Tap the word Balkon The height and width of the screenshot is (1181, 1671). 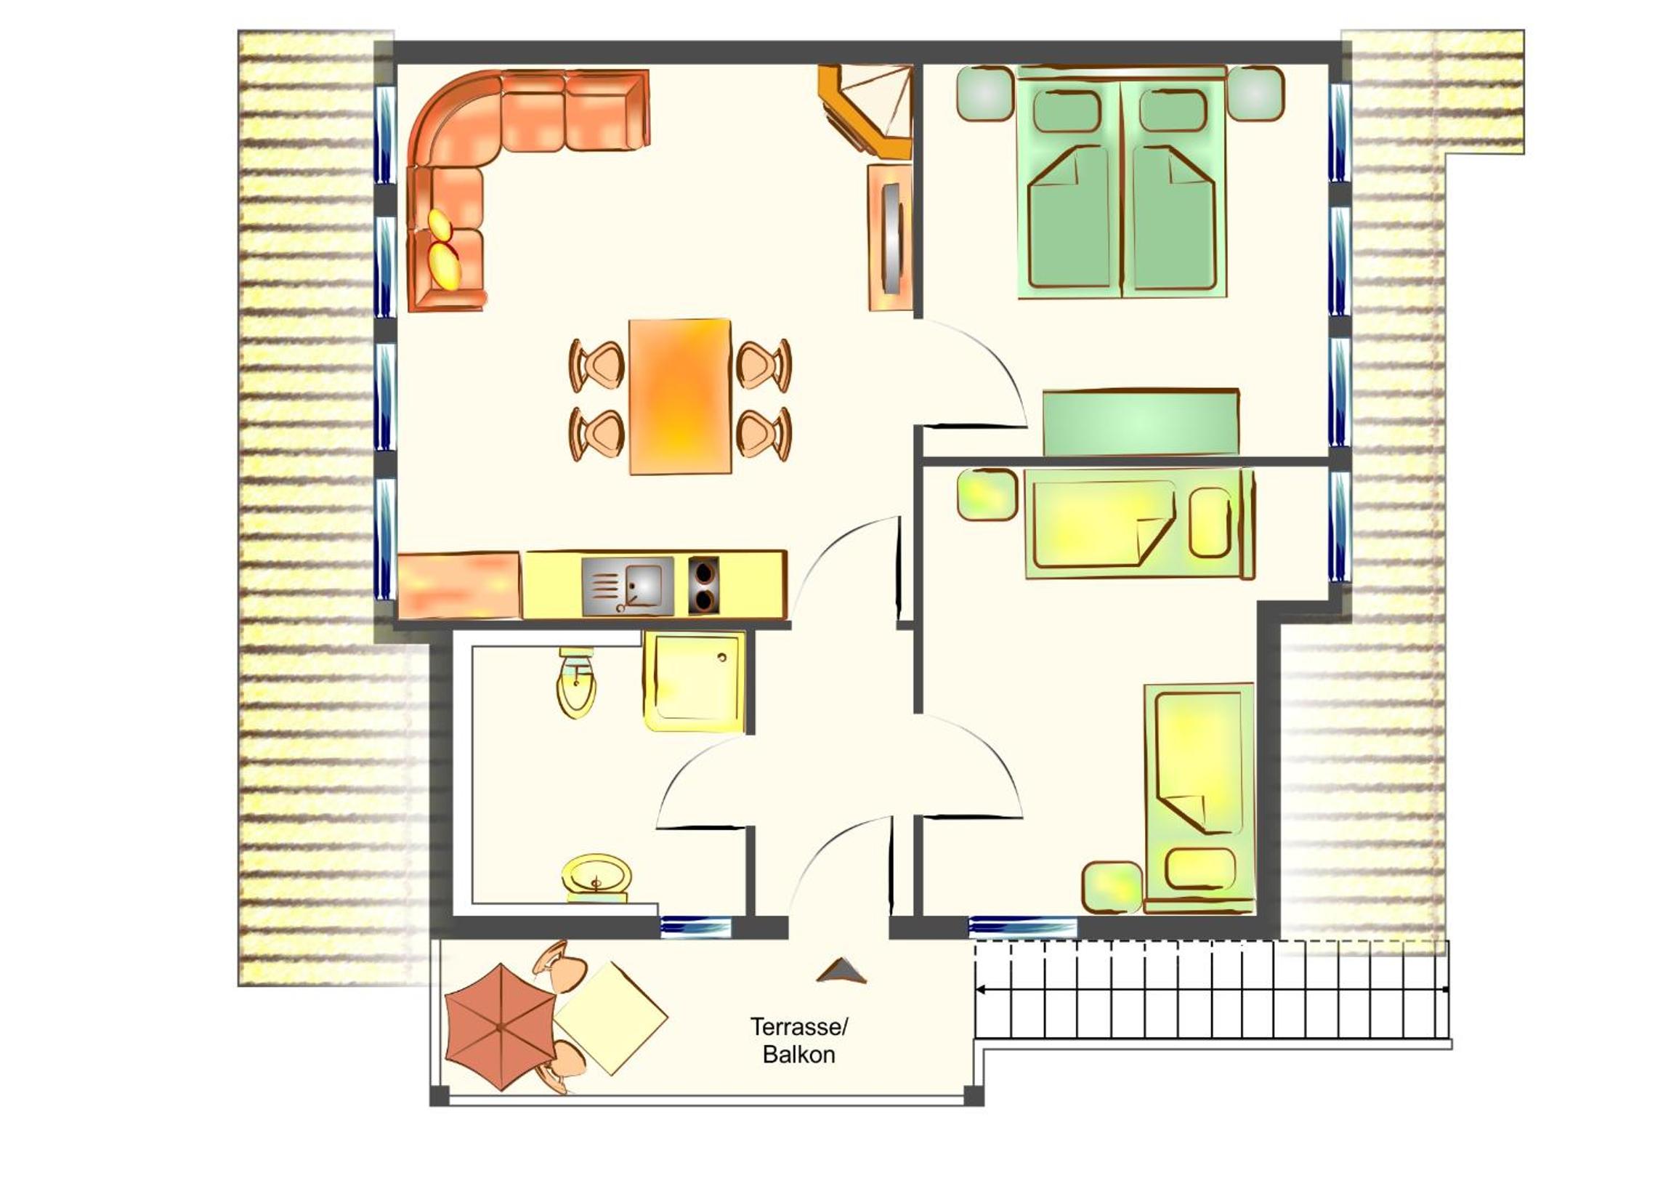(798, 1055)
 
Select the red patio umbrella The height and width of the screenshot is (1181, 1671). (501, 1027)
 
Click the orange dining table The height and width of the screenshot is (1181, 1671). (680, 397)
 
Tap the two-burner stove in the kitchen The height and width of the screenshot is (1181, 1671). (703, 584)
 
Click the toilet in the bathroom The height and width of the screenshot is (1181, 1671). (576, 682)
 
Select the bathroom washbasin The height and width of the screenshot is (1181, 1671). (596, 879)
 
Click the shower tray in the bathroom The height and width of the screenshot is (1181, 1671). (695, 682)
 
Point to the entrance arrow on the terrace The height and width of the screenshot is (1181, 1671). (841, 970)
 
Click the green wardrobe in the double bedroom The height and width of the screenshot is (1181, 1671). (1141, 422)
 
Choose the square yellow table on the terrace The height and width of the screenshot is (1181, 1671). (610, 1018)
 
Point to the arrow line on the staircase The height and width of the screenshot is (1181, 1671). (1212, 990)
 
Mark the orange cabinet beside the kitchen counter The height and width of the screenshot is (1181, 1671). (458, 585)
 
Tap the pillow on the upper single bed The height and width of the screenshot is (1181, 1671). (1210, 522)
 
